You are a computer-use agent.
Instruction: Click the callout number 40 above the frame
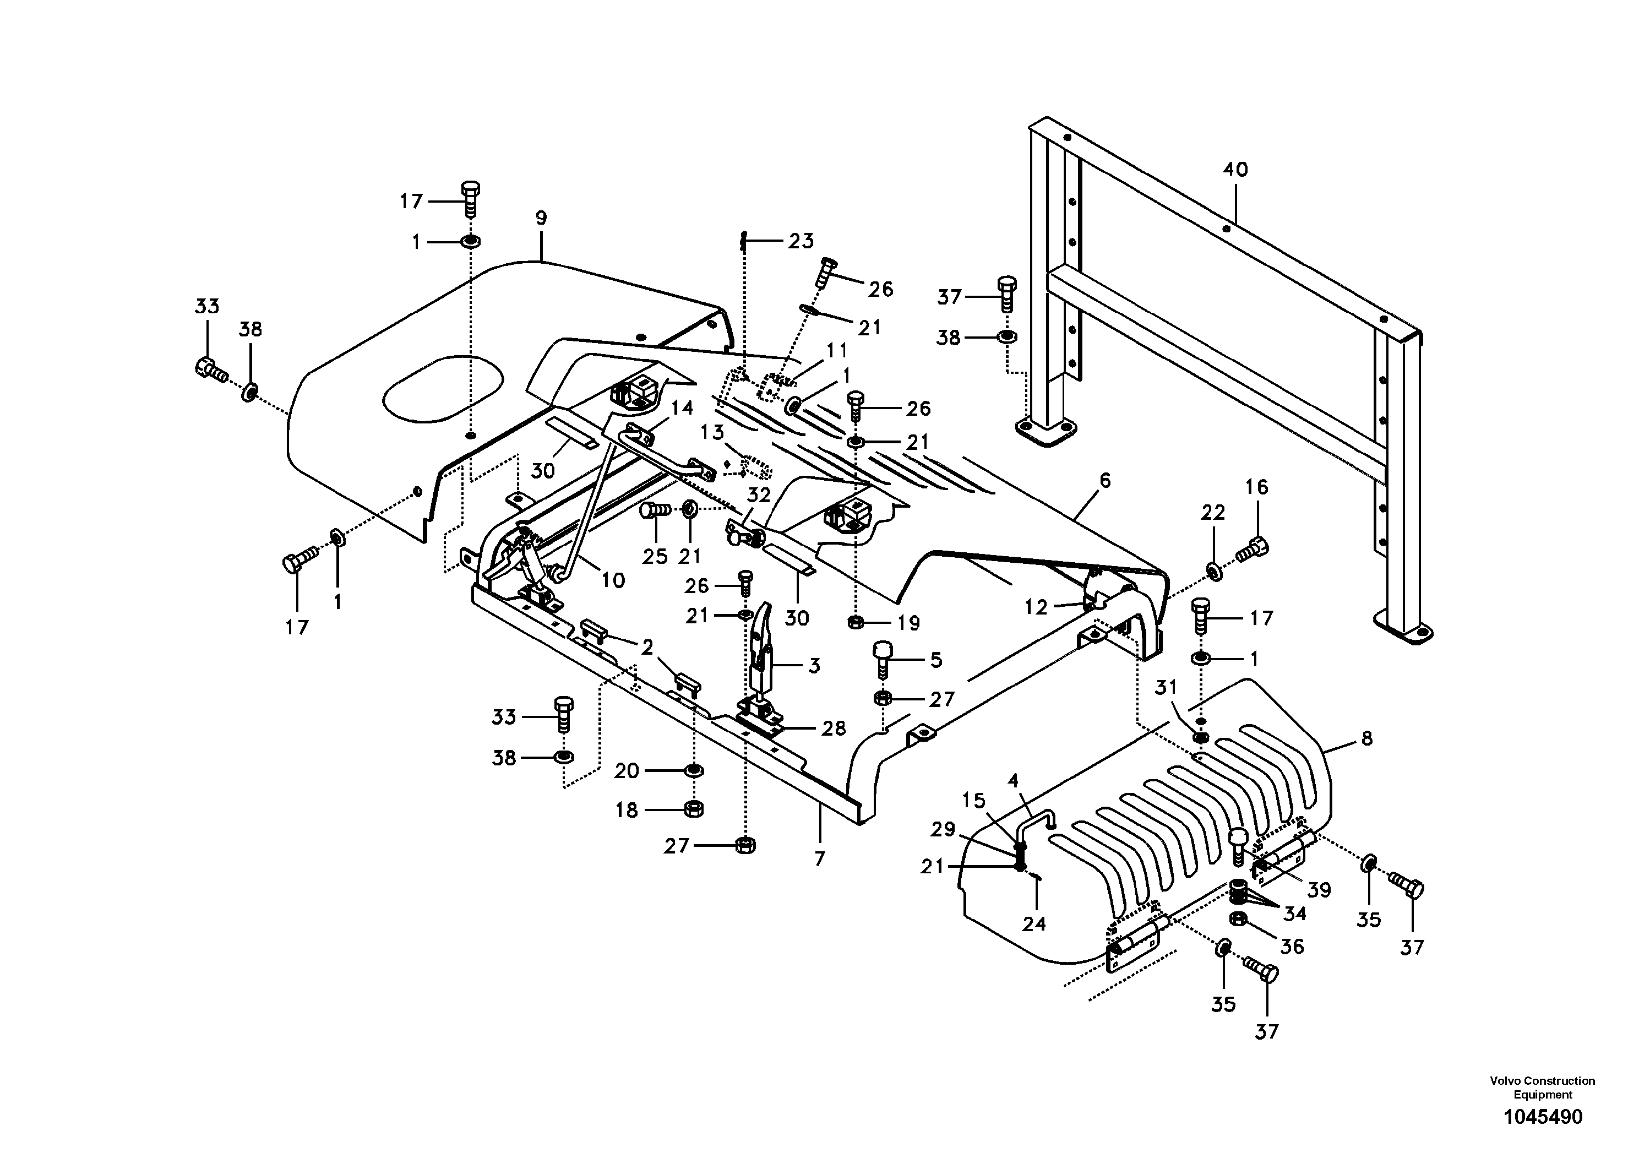1235,170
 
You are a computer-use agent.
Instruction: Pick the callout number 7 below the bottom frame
819,858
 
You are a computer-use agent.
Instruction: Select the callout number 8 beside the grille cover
1366,739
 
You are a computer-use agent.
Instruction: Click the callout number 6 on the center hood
1104,481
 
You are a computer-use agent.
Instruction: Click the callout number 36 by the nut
1292,946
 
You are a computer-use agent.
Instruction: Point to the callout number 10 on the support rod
612,580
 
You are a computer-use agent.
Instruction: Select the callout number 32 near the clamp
759,495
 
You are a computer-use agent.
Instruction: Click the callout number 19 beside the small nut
907,623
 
